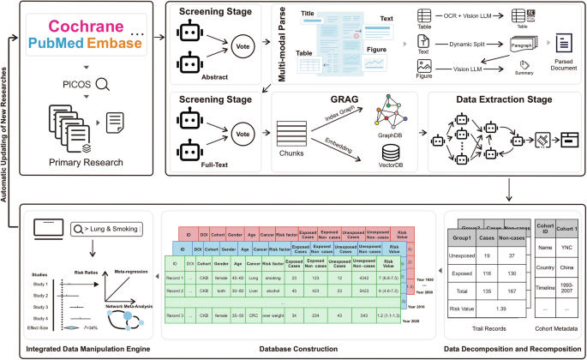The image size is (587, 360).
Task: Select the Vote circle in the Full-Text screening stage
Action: [243, 134]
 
